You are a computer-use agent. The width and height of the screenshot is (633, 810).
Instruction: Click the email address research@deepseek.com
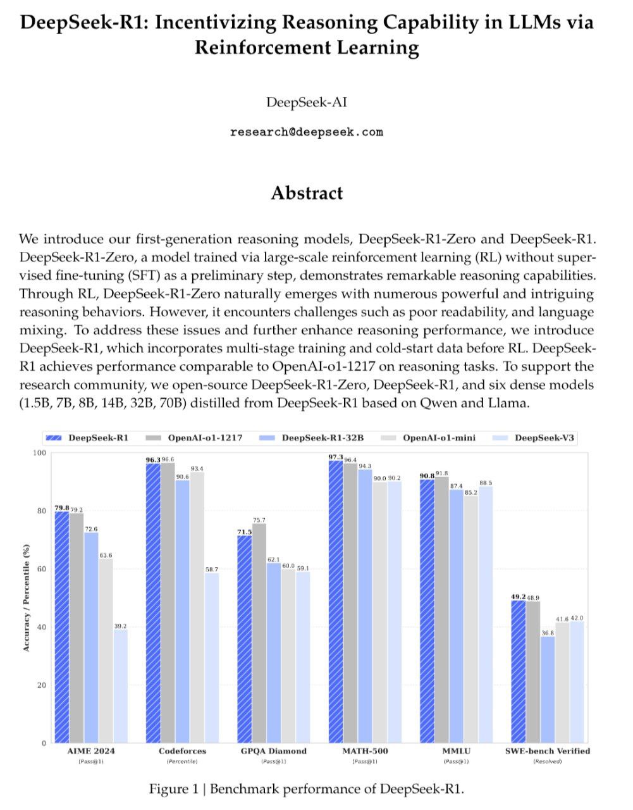[x=307, y=132]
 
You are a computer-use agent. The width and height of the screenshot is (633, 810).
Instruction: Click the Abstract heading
[x=307, y=193]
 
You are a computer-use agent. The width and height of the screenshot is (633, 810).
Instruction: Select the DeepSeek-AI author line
[x=307, y=102]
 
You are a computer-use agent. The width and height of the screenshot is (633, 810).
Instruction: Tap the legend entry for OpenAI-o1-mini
[x=438, y=438]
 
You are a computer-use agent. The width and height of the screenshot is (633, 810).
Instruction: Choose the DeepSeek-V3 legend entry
[x=544, y=438]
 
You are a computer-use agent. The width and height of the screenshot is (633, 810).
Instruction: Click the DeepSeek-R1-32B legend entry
[x=323, y=438]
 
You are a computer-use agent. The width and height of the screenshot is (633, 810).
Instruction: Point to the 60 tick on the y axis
[x=42, y=569]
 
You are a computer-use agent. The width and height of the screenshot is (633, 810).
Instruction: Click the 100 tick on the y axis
[x=40, y=452]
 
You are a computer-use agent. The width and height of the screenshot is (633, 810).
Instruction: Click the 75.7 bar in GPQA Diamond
[x=259, y=633]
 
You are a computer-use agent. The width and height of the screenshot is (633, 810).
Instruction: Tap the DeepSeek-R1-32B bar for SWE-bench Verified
[x=548, y=689]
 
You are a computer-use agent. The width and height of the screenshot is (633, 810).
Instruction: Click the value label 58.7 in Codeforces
[x=212, y=570]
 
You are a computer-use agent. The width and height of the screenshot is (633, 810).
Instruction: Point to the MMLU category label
[x=456, y=751]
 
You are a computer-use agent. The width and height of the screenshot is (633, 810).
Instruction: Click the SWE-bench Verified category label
[x=548, y=751]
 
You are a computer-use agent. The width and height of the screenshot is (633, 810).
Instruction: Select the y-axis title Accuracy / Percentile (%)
[x=26, y=598]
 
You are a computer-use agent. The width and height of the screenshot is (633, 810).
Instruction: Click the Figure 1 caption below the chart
[x=307, y=788]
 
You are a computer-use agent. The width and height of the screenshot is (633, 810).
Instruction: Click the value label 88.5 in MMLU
[x=486, y=483]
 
